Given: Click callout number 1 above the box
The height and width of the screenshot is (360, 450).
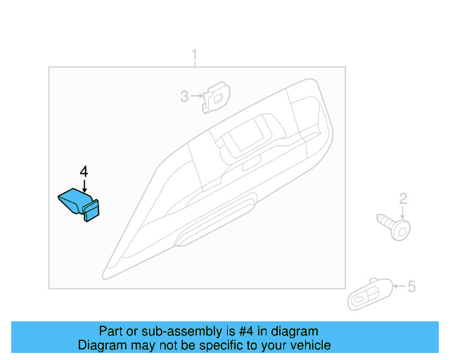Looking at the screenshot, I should point(195,55).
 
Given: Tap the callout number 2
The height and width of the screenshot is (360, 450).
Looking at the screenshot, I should point(403,199).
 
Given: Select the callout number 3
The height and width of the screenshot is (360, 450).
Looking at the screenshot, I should point(184,96).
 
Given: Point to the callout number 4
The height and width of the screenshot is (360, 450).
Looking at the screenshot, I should point(84,171).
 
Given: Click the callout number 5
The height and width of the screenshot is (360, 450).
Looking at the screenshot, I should point(412,286).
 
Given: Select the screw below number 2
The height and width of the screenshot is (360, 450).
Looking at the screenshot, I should point(396,226).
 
